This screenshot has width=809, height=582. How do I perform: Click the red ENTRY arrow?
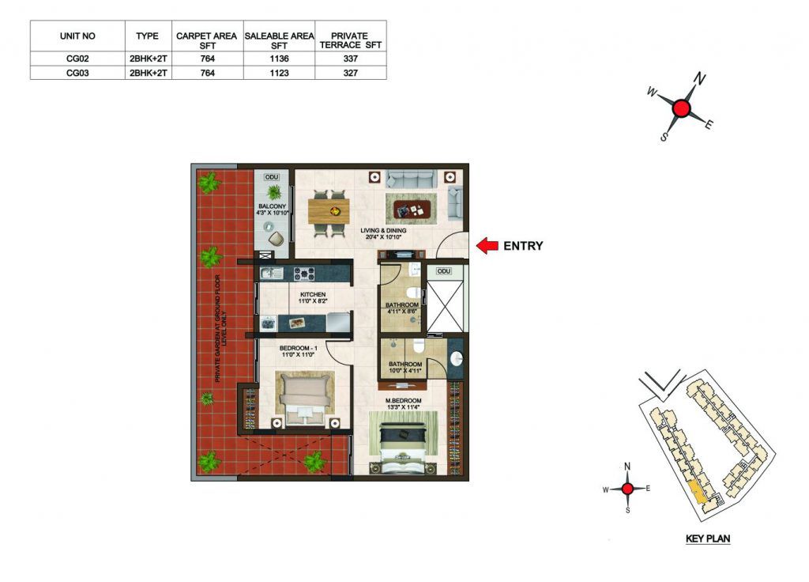coord(487,246)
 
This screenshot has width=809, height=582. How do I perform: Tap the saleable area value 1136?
coord(279,59)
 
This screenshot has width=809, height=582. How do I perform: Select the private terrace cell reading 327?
coord(350,73)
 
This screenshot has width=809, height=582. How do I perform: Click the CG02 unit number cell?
coord(77,59)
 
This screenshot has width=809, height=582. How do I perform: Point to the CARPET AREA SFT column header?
coord(206,41)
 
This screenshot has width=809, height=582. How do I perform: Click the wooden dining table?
coord(329,211)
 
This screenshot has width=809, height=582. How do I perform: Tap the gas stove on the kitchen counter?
coord(304,273)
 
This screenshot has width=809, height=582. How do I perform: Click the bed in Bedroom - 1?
coord(304,398)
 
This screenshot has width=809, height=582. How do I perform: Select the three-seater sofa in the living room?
coord(412,179)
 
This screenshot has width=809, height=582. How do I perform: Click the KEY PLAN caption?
coord(708,539)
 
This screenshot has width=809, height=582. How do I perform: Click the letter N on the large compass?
coord(699,79)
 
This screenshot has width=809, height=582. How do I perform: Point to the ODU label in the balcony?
coord(272,177)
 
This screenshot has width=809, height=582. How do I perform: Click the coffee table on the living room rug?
coord(411,210)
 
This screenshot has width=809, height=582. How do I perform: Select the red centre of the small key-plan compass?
coord(627,489)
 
